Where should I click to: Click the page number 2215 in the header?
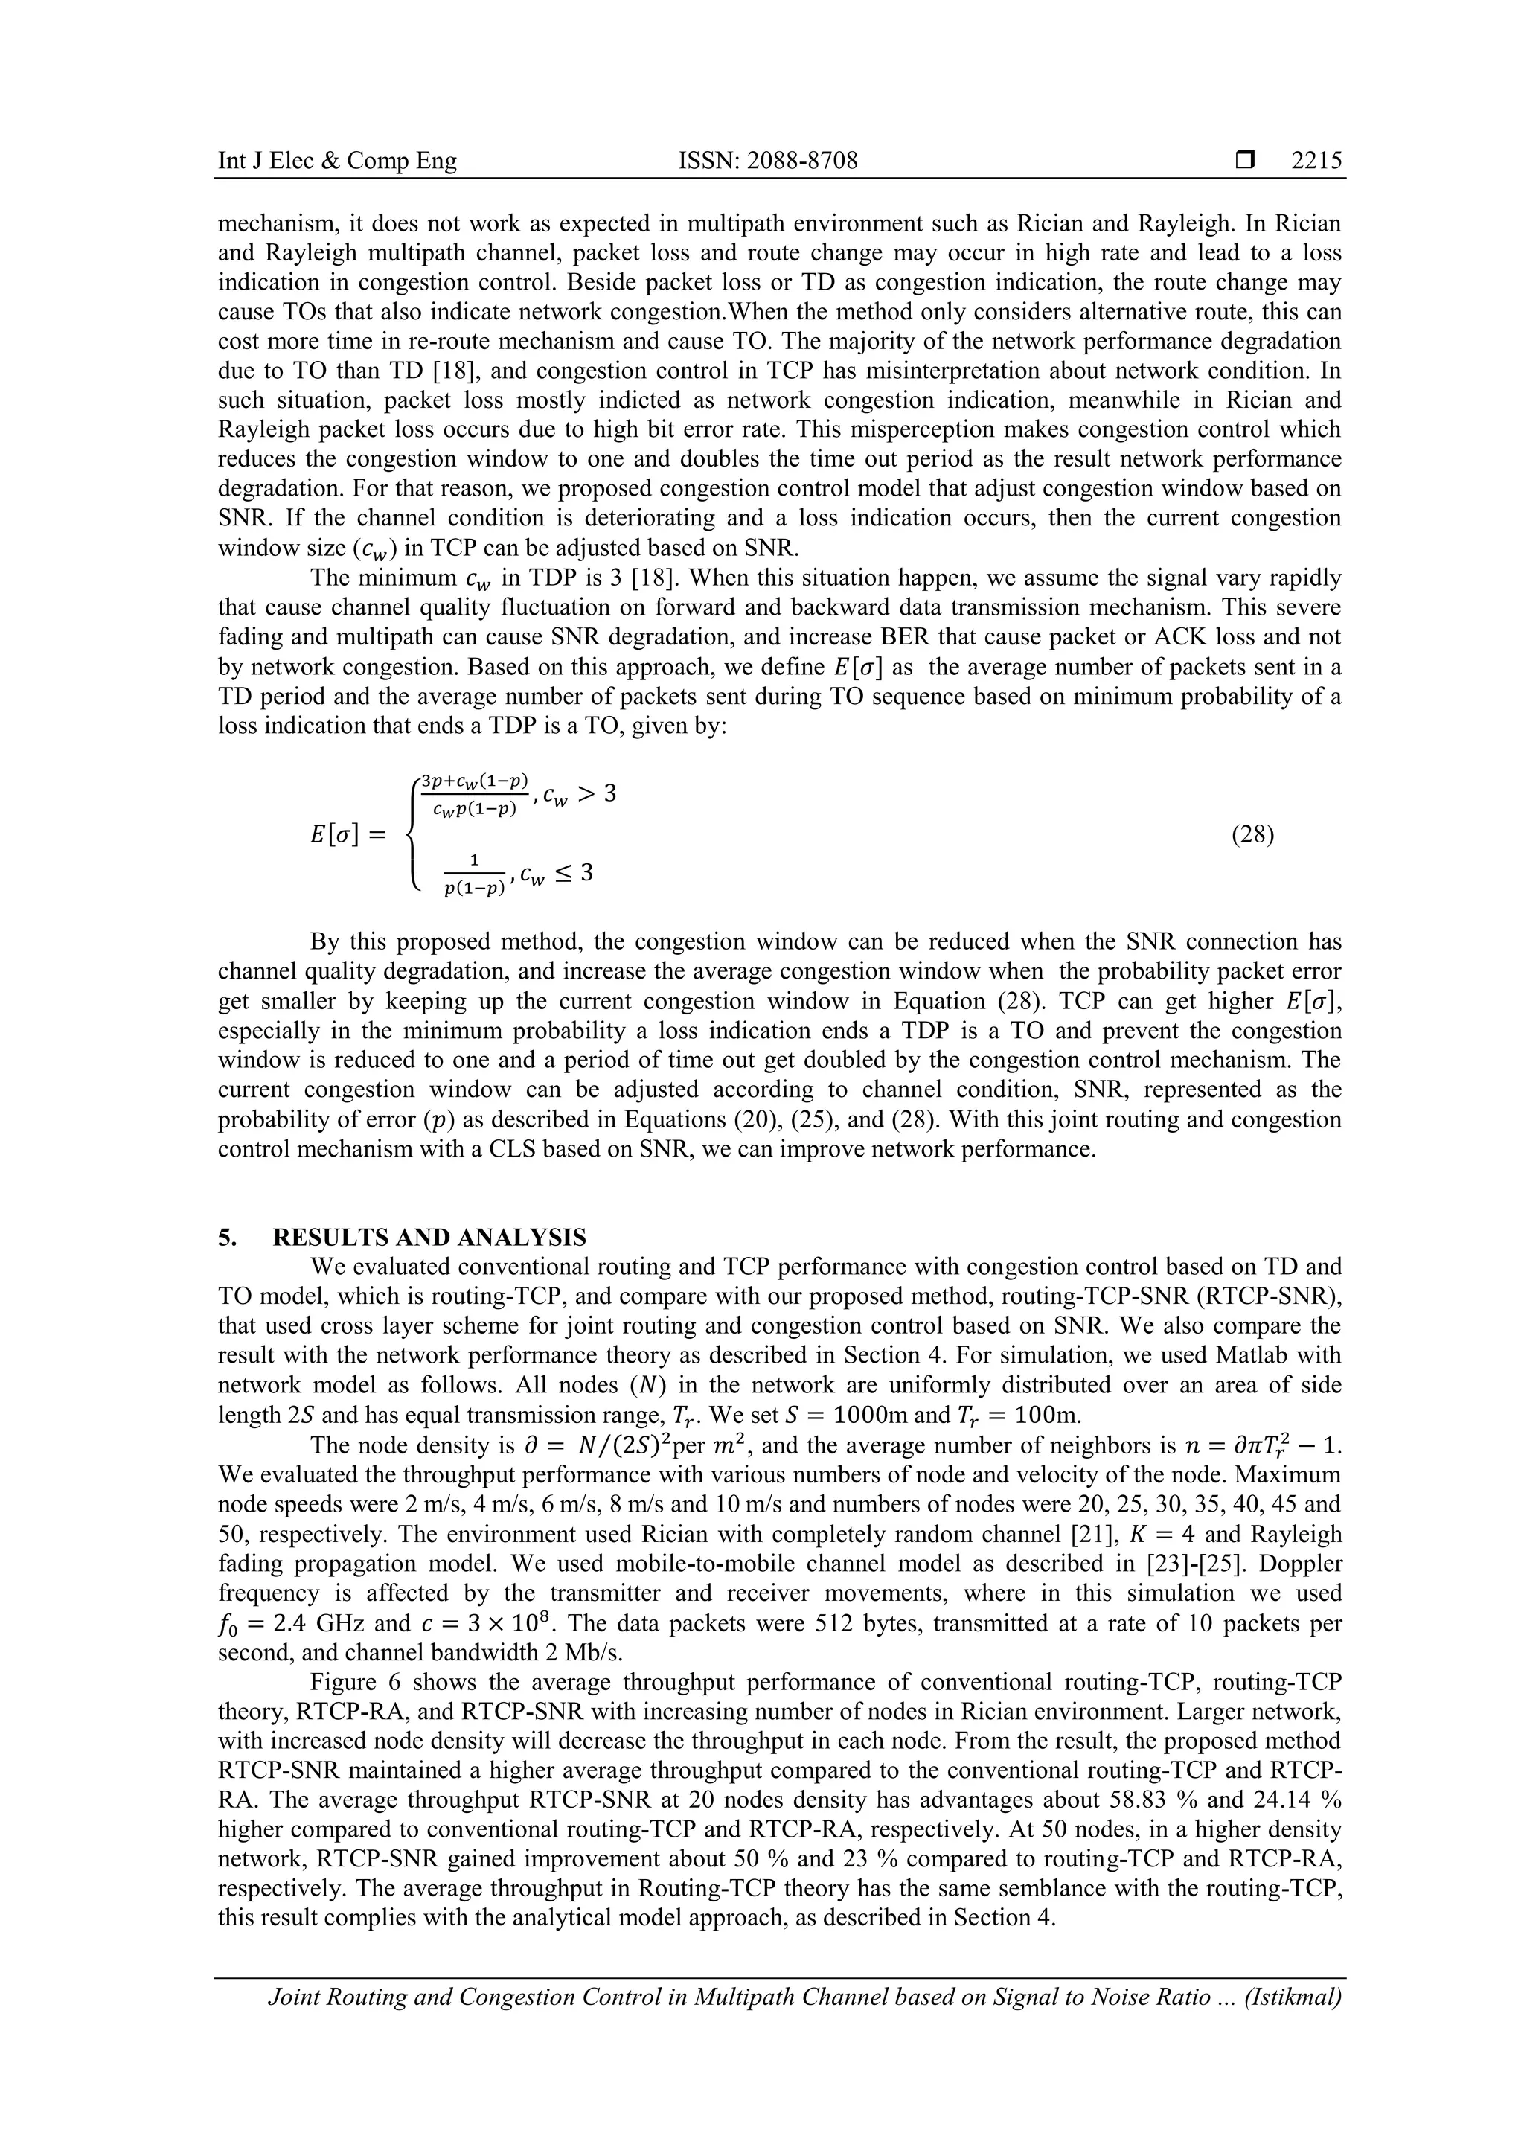coord(1316,161)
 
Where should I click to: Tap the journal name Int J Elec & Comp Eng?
coord(337,161)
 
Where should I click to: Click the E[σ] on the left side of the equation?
coord(334,834)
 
